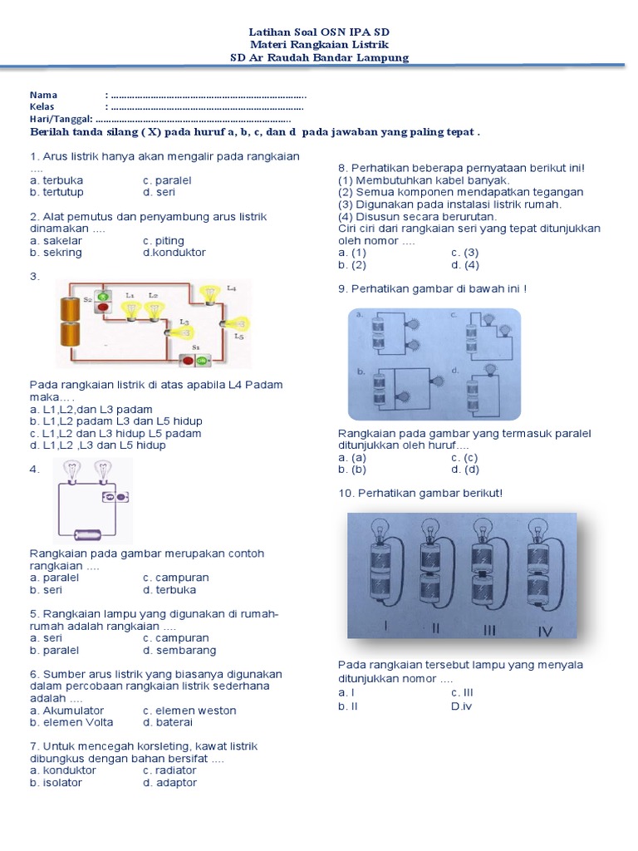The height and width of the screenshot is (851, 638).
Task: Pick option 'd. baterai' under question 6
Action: (x=169, y=722)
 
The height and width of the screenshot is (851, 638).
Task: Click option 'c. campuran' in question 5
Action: (x=175, y=638)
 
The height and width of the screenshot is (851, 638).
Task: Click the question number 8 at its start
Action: (x=342, y=168)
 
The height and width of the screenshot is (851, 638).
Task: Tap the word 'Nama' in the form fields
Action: (x=43, y=95)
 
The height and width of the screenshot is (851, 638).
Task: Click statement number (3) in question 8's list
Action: (x=346, y=204)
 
